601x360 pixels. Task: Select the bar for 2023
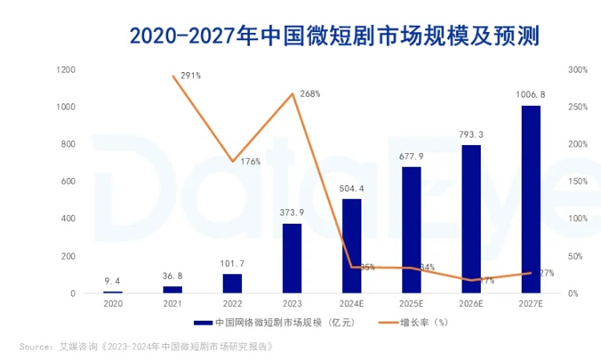(x=292, y=258)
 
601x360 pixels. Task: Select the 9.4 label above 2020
(x=113, y=281)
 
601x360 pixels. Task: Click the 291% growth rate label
(x=191, y=76)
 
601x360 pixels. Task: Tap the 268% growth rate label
(x=310, y=94)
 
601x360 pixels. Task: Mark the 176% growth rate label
(x=250, y=161)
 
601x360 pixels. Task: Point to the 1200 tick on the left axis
(x=66, y=70)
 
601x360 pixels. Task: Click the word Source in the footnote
(x=36, y=347)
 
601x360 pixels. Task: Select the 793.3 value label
(x=471, y=134)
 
